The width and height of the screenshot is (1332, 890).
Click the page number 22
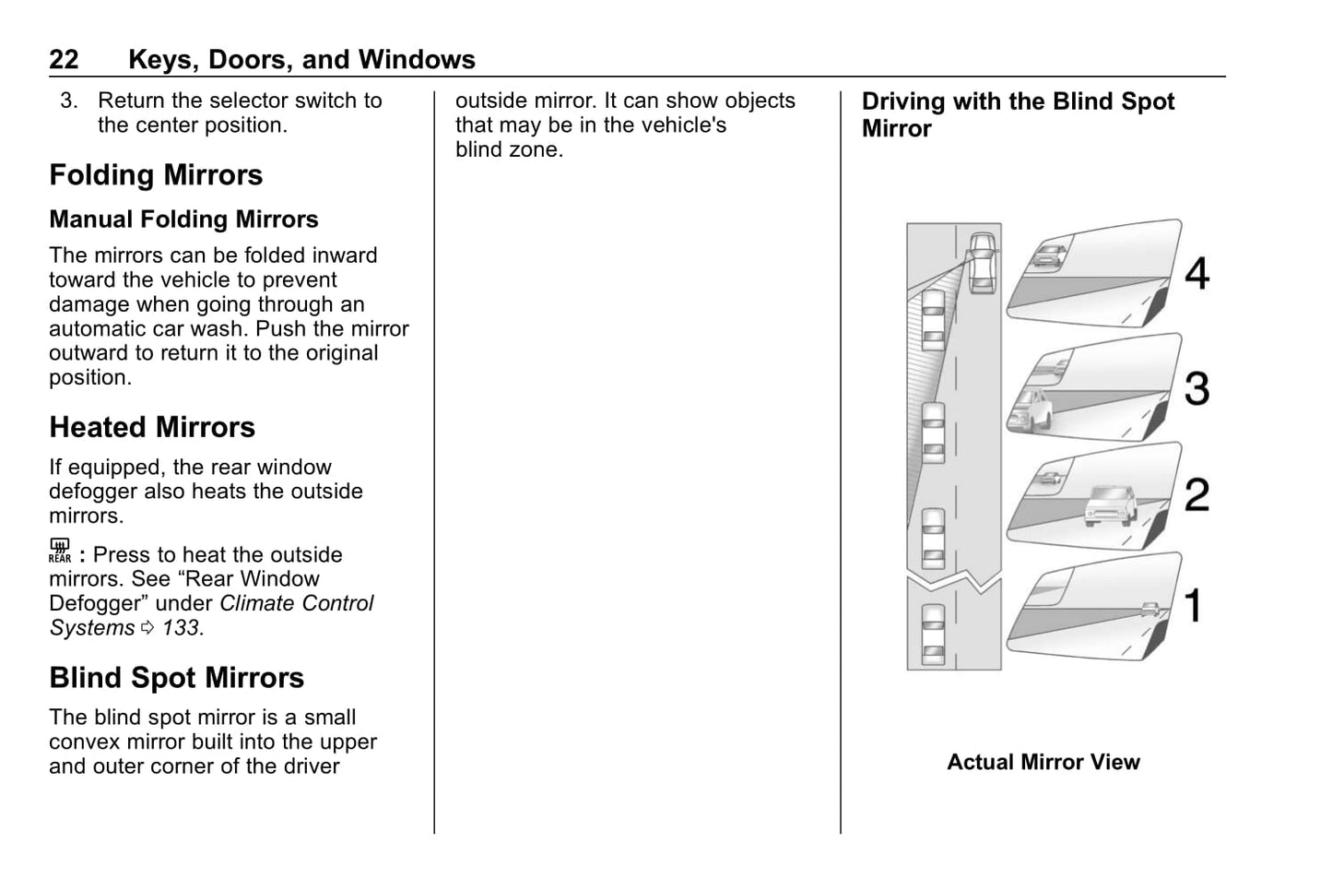click(64, 60)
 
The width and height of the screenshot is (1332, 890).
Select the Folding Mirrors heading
click(156, 175)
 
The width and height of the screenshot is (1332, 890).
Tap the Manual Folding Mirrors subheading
click(183, 220)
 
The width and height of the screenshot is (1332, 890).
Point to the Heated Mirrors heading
click(152, 428)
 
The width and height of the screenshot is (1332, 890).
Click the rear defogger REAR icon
click(60, 552)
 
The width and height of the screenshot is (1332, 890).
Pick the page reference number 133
click(181, 628)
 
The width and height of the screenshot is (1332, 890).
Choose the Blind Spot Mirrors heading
click(176, 678)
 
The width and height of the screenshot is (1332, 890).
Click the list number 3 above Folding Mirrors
click(68, 101)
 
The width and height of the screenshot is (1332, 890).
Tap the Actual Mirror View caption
click(1043, 763)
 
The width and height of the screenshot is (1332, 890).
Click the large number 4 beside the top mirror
click(1196, 273)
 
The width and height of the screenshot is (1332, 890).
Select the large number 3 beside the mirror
click(1196, 388)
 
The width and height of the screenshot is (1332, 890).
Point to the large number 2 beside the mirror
click(1196, 495)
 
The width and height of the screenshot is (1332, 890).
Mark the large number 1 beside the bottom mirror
click(1194, 606)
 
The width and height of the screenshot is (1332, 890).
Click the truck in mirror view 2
click(1105, 504)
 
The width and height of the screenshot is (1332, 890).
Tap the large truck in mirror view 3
click(1031, 409)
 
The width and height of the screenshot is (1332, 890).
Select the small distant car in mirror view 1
click(1149, 609)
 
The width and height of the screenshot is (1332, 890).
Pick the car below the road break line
click(933, 634)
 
